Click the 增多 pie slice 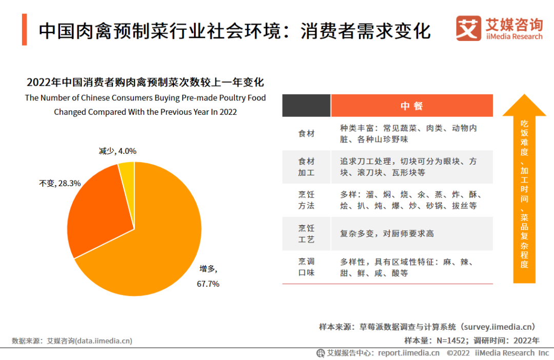pos(154,246)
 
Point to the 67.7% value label pos(209,284)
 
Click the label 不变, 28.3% pos(60,183)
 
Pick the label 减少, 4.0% pos(117,151)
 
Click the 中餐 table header pos(411,106)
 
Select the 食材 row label pos(306,133)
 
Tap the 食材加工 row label pos(306,167)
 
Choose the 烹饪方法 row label pos(306,200)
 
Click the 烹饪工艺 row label pos(306,233)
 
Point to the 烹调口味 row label pos(306,267)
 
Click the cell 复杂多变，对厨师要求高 pos(387,233)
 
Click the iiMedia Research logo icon pos(468,28)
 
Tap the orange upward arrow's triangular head pos(524,106)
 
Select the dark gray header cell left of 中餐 pos(306,106)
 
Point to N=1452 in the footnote pos(450,340)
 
